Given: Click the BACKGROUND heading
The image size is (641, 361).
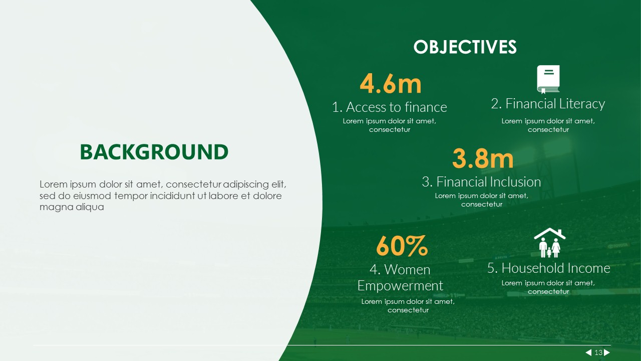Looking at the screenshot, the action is click(x=154, y=152).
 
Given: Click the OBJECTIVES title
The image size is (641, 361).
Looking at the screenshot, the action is click(x=465, y=47).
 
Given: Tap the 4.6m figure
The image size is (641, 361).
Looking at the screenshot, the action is click(x=391, y=84).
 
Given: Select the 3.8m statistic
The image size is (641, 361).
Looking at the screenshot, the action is click(x=483, y=158).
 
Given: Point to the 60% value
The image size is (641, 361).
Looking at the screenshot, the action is click(x=402, y=246).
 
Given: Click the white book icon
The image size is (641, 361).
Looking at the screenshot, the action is click(x=548, y=79).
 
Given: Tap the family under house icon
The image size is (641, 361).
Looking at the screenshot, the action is click(x=550, y=243).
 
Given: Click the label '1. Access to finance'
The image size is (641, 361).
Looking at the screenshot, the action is click(x=390, y=107).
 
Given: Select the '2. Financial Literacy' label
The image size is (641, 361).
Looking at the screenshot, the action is click(x=548, y=104).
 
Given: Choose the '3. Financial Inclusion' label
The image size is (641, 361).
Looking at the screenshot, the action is click(x=482, y=182).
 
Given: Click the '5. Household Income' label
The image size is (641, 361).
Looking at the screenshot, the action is click(x=548, y=268).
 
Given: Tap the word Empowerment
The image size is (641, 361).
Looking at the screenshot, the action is click(x=400, y=286).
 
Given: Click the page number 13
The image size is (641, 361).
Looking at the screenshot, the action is click(x=598, y=352).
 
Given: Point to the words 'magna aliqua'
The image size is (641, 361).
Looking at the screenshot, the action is click(x=72, y=207).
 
